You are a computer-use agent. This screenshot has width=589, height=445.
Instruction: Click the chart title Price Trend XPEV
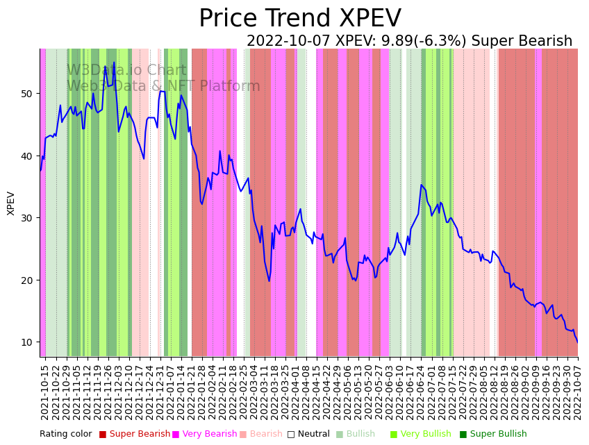299,19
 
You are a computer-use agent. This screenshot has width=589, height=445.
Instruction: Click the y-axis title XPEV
11,203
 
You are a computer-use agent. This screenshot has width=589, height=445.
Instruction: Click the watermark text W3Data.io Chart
126,70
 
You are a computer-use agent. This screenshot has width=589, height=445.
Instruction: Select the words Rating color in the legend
65,434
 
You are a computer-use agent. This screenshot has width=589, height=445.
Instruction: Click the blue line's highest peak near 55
115,63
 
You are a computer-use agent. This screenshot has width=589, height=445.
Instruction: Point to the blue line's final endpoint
577,342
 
